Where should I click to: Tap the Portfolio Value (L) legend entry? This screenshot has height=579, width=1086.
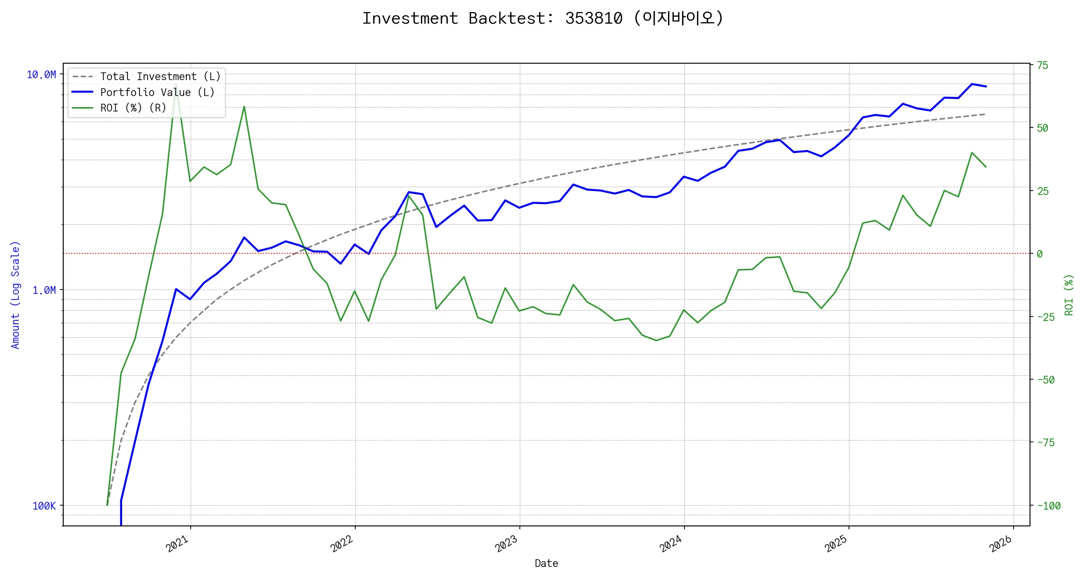click(157, 92)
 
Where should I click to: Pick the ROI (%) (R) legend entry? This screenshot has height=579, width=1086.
click(133, 108)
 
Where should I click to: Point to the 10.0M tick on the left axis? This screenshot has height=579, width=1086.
click(42, 74)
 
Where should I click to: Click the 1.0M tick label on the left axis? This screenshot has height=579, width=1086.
click(44, 290)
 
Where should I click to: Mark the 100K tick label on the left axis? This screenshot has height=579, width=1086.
click(44, 506)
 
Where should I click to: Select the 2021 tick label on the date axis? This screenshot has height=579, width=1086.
click(178, 544)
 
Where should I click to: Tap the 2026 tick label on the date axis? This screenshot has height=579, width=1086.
click(1001, 544)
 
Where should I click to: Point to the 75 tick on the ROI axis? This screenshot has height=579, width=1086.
click(1043, 65)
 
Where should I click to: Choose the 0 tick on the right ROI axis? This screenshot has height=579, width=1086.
click(1040, 254)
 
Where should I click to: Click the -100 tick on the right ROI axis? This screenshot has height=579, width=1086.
click(1049, 506)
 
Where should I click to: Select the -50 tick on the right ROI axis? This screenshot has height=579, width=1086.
click(1046, 380)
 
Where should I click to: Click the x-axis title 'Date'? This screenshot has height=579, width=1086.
click(546, 563)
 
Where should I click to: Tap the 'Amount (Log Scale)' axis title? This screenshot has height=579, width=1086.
click(15, 295)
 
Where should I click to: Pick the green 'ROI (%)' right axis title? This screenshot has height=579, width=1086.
click(1069, 295)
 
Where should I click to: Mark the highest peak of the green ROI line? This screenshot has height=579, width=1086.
click(176, 84)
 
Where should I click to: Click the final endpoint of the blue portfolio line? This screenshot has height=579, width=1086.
click(986, 86)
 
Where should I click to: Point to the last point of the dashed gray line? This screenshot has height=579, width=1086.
click(985, 114)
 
